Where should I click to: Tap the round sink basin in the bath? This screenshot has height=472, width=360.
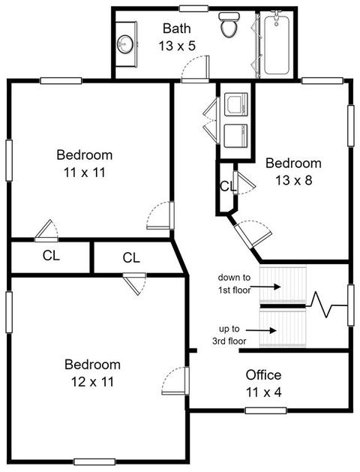click(124, 44)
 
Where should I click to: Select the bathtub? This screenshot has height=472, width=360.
click(277, 44)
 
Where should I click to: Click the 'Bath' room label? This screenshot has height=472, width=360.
click(177, 29)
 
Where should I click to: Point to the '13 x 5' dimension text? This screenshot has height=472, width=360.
click(177, 46)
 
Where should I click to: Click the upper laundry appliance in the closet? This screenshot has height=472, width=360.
click(236, 104)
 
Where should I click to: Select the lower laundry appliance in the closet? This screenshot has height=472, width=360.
click(236, 136)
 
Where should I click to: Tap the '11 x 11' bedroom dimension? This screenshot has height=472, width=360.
click(85, 173)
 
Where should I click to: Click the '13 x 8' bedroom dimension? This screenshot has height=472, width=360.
click(293, 180)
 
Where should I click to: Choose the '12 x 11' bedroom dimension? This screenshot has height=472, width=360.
click(93, 382)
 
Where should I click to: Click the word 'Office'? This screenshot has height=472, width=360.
click(263, 374)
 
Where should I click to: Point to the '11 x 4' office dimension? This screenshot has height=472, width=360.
click(264, 392)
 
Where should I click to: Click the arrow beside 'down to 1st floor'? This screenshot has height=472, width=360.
click(265, 287)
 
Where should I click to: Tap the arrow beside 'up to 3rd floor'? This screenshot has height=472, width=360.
click(262, 330)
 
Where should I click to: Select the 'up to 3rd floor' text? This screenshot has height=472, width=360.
click(229, 335)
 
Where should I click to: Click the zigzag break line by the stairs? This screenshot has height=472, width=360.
click(327, 305)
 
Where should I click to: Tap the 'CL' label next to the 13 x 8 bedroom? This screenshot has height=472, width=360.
click(228, 186)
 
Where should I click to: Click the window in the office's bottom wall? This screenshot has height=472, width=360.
click(265, 410)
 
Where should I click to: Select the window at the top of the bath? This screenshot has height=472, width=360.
click(194, 8)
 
